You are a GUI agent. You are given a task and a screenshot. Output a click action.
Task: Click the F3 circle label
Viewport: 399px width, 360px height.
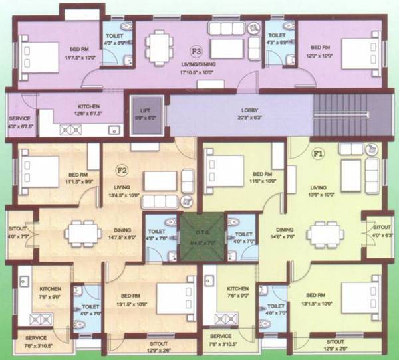[x=197, y=50]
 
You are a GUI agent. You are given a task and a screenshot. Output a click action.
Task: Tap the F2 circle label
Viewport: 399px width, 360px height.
[x=122, y=169]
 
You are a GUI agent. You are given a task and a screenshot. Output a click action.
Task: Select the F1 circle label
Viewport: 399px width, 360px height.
[x=319, y=153]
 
